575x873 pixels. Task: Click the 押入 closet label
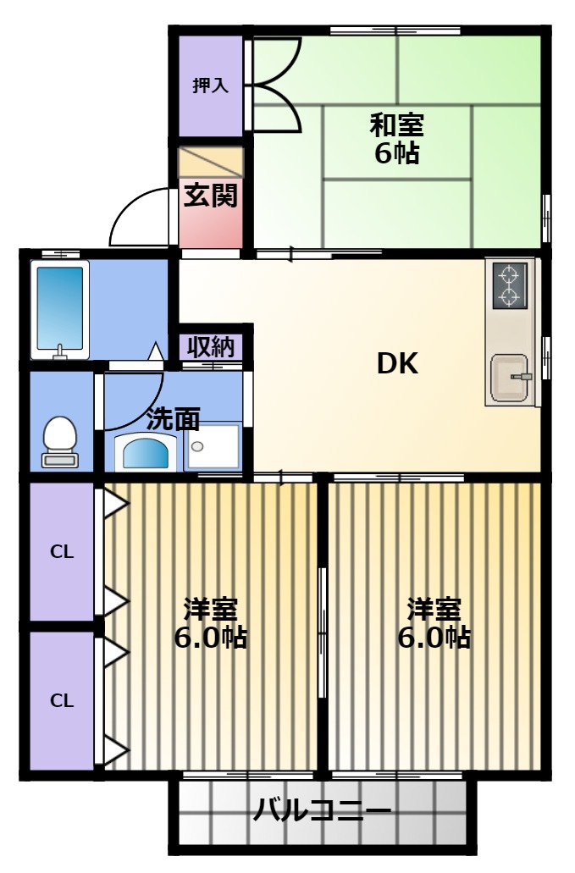(210, 86)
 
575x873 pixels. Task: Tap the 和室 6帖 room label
(397, 138)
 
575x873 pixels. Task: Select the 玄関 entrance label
(210, 195)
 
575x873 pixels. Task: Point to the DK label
(397, 363)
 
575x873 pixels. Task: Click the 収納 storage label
(211, 347)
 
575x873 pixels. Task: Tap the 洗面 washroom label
(173, 418)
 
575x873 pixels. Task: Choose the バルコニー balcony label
(322, 809)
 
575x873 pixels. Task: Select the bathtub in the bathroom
(60, 309)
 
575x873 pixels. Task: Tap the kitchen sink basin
(509, 378)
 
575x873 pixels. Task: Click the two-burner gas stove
(509, 285)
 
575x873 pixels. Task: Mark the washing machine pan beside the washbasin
(213, 446)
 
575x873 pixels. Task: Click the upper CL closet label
(62, 552)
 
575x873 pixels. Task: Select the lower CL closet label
(62, 700)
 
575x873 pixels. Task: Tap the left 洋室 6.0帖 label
(211, 623)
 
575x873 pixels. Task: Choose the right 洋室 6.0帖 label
(434, 623)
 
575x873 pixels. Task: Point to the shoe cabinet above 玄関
(210, 163)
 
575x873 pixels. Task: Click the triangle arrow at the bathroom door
(155, 351)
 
